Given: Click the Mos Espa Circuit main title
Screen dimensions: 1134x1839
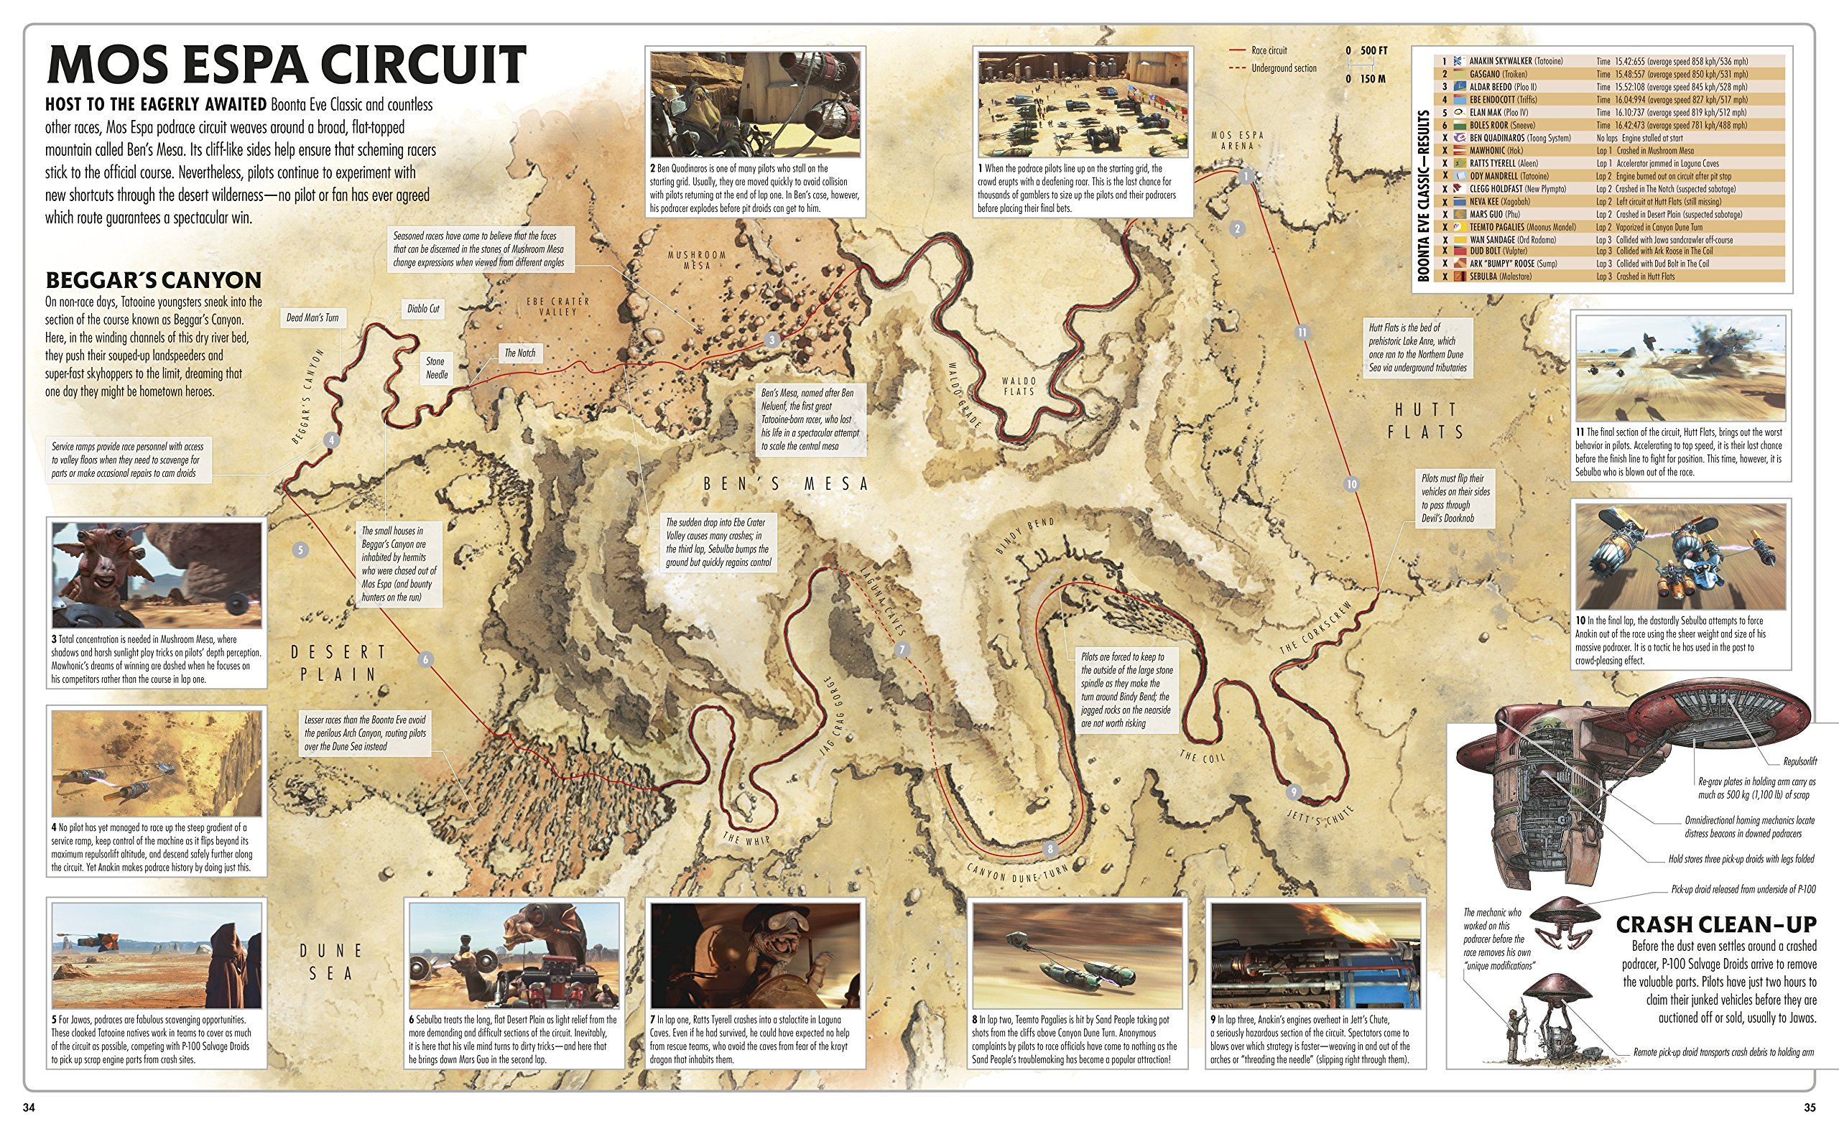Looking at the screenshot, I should click(287, 65).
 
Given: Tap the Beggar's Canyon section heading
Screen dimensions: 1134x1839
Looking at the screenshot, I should click(153, 280).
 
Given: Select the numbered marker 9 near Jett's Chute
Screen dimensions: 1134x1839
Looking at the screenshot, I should click(1293, 792).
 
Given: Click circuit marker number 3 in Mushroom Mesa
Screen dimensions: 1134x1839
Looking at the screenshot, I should click(772, 340).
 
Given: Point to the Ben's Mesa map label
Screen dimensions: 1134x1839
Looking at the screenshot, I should click(785, 485).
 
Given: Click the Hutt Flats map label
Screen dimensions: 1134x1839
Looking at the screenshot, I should click(1425, 421).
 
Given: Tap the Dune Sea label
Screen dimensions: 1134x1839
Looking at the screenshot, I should click(330, 962).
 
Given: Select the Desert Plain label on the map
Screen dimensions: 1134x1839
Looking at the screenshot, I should click(338, 663).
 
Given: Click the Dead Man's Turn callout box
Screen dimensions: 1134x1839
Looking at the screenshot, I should click(312, 318).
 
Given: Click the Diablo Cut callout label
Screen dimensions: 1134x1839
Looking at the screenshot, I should click(423, 309).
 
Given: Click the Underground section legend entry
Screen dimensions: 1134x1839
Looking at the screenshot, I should click(1282, 68).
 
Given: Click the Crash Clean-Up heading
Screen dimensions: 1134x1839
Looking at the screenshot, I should click(1715, 924).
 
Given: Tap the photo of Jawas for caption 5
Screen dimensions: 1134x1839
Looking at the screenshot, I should click(157, 955).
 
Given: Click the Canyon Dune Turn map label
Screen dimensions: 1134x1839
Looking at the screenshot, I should click(1016, 874).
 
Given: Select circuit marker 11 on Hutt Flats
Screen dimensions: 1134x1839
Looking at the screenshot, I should click(1302, 333).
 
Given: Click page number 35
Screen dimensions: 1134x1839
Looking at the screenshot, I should click(1809, 1107).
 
